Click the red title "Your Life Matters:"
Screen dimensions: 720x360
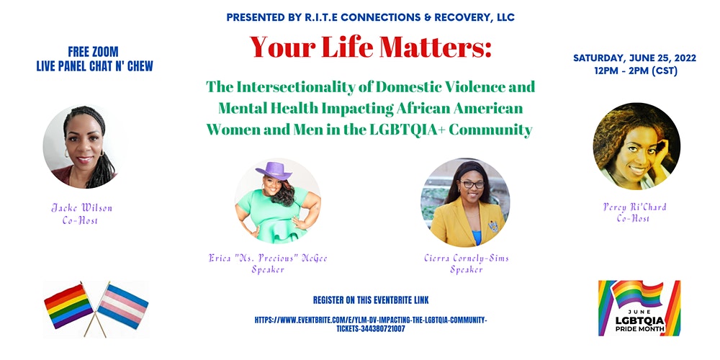click(371, 47)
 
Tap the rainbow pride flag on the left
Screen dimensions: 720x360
click(68, 306)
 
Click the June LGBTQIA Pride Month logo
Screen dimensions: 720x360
click(639, 308)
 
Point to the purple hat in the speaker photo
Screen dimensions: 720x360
click(274, 171)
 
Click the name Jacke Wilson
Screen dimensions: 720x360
click(82, 208)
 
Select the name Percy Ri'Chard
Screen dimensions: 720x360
click(635, 207)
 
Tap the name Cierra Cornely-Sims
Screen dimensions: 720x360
click(467, 258)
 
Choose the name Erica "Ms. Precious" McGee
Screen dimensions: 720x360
click(268, 258)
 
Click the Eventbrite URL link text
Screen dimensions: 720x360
click(371, 324)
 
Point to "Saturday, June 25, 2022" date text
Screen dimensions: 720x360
click(634, 58)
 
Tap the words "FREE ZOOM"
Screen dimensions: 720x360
click(93, 51)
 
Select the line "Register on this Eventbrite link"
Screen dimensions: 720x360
click(371, 300)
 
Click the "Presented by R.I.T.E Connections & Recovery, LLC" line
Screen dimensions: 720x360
click(371, 18)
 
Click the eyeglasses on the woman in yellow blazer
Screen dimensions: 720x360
click(472, 184)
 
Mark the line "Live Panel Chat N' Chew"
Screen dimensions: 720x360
click(94, 66)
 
